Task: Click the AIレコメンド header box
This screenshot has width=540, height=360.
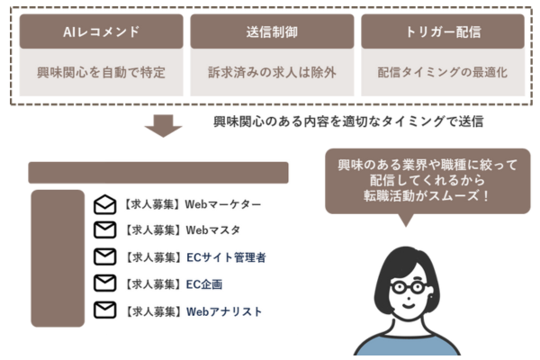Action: tap(101, 31)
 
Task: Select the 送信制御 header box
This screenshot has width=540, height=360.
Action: tap(272, 31)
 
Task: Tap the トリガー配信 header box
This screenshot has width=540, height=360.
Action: tap(443, 31)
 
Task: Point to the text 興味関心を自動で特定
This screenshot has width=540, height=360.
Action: tap(101, 72)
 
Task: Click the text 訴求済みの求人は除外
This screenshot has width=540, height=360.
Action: tap(272, 72)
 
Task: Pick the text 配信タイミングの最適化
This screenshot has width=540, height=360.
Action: tap(443, 72)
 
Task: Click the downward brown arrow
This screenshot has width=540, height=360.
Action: tap(163, 126)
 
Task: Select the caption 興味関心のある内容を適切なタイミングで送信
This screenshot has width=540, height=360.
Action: tap(348, 121)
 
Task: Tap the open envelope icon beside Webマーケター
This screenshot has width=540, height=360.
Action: tap(105, 204)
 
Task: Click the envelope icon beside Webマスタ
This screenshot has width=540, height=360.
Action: tap(105, 229)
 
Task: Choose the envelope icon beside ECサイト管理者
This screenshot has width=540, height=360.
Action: tap(105, 256)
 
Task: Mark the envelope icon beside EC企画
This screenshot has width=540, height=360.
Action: tap(105, 283)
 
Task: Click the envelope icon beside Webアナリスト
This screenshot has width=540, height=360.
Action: tap(105, 310)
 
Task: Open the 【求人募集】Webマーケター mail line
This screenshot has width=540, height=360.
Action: tap(192, 204)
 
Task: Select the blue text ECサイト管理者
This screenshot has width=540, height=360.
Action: tap(226, 257)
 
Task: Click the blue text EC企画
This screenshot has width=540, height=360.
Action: tap(204, 284)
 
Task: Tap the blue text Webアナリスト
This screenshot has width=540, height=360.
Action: tap(224, 311)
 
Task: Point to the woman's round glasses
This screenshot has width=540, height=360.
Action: tap(409, 287)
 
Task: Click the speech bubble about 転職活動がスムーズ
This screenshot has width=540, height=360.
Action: tap(427, 181)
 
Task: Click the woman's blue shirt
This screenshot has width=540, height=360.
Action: tap(407, 346)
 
